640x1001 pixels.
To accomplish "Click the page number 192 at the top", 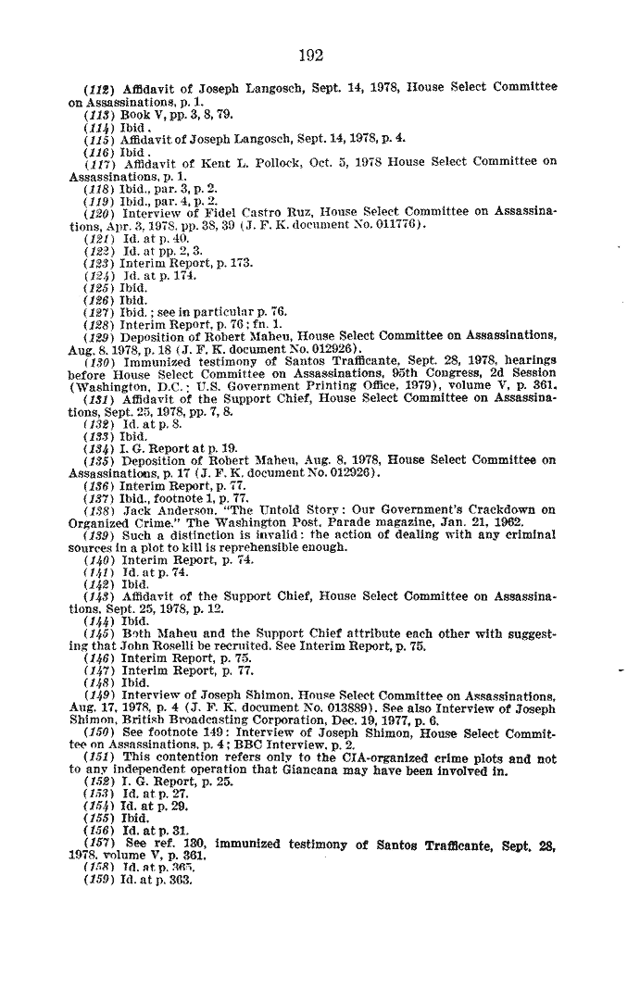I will pos(311,56).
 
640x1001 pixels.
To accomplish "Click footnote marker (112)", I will pos(99,88).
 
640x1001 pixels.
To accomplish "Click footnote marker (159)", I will pos(98,880).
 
